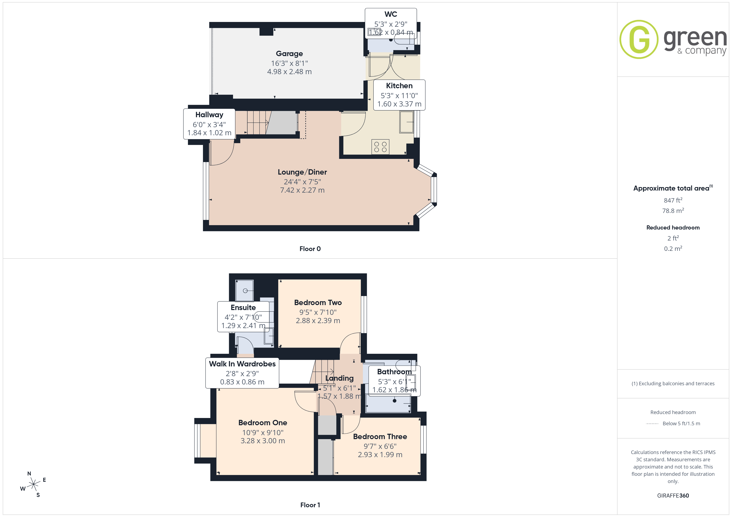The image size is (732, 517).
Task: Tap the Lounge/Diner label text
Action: tap(302, 172)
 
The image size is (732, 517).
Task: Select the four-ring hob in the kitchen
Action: tap(380, 147)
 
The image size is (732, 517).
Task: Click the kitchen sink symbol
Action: tap(407, 122)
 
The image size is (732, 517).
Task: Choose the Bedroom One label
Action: tap(263, 423)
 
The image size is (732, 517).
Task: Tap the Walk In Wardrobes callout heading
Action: tap(242, 364)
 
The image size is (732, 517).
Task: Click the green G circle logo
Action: tap(639, 40)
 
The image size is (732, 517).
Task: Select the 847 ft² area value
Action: tap(673, 200)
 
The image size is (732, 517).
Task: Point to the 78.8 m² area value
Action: tap(673, 210)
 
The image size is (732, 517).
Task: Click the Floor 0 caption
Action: tap(310, 249)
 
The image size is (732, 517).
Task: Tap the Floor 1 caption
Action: tap(310, 505)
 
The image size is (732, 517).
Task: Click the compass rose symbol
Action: tap(33, 484)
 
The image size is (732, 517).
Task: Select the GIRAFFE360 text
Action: tap(673, 496)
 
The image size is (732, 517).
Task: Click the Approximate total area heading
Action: tap(673, 188)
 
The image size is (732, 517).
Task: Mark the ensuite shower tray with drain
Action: tap(245, 291)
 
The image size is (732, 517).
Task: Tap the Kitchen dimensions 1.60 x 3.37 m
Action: tap(399, 104)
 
